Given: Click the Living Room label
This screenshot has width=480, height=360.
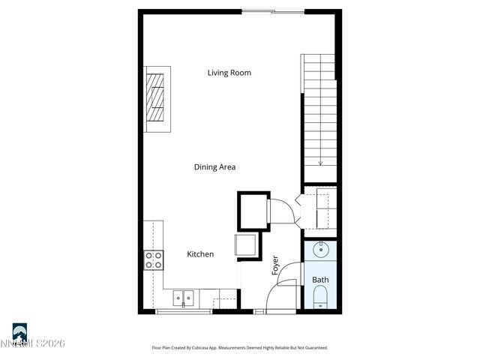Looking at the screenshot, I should tap(229, 73).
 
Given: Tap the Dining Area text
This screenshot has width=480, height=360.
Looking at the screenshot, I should tap(215, 167).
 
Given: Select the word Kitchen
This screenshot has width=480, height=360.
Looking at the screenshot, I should tap(200, 254).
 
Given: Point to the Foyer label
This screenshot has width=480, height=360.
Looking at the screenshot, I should tap(275, 265).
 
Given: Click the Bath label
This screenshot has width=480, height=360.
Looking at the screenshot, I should tap(320, 280).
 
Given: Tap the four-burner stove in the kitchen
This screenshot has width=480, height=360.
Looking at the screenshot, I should tap(154, 260).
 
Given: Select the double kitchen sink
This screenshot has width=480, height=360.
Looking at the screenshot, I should tap(184, 298).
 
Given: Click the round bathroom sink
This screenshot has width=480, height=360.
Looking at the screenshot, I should tap(321, 250).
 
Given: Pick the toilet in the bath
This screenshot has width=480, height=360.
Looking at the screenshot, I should tap(321, 303).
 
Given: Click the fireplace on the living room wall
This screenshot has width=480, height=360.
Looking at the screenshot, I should tap(157, 97).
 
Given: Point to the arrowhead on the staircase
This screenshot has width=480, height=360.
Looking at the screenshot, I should tap(320, 163).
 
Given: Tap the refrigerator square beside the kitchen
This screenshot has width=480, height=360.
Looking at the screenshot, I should tap(246, 245).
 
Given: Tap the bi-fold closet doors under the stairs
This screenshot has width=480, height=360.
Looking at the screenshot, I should tap(298, 209).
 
